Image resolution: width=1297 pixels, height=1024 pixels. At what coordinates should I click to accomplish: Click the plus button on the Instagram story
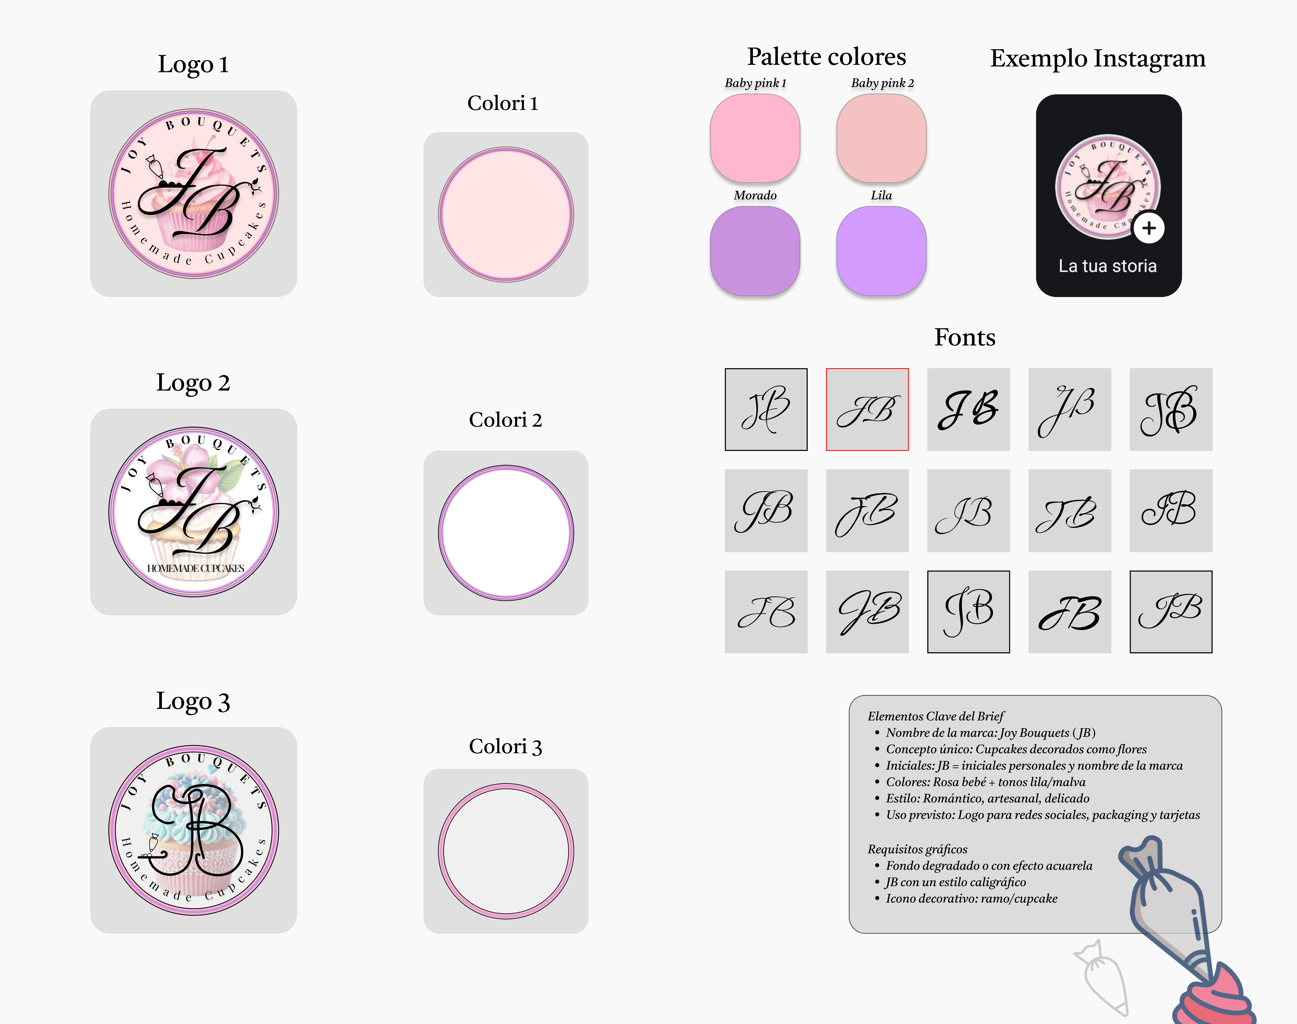1148,228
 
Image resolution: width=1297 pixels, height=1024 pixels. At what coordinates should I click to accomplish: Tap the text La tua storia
1108,266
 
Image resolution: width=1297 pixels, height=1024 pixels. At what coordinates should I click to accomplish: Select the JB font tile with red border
867,409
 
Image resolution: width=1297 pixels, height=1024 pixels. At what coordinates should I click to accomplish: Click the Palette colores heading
826,57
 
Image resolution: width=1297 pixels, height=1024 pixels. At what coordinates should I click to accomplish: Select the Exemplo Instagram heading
1097,59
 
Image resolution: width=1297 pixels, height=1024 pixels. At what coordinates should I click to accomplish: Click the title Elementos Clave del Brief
936,716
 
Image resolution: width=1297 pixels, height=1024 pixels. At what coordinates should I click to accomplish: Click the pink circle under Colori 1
505,215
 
